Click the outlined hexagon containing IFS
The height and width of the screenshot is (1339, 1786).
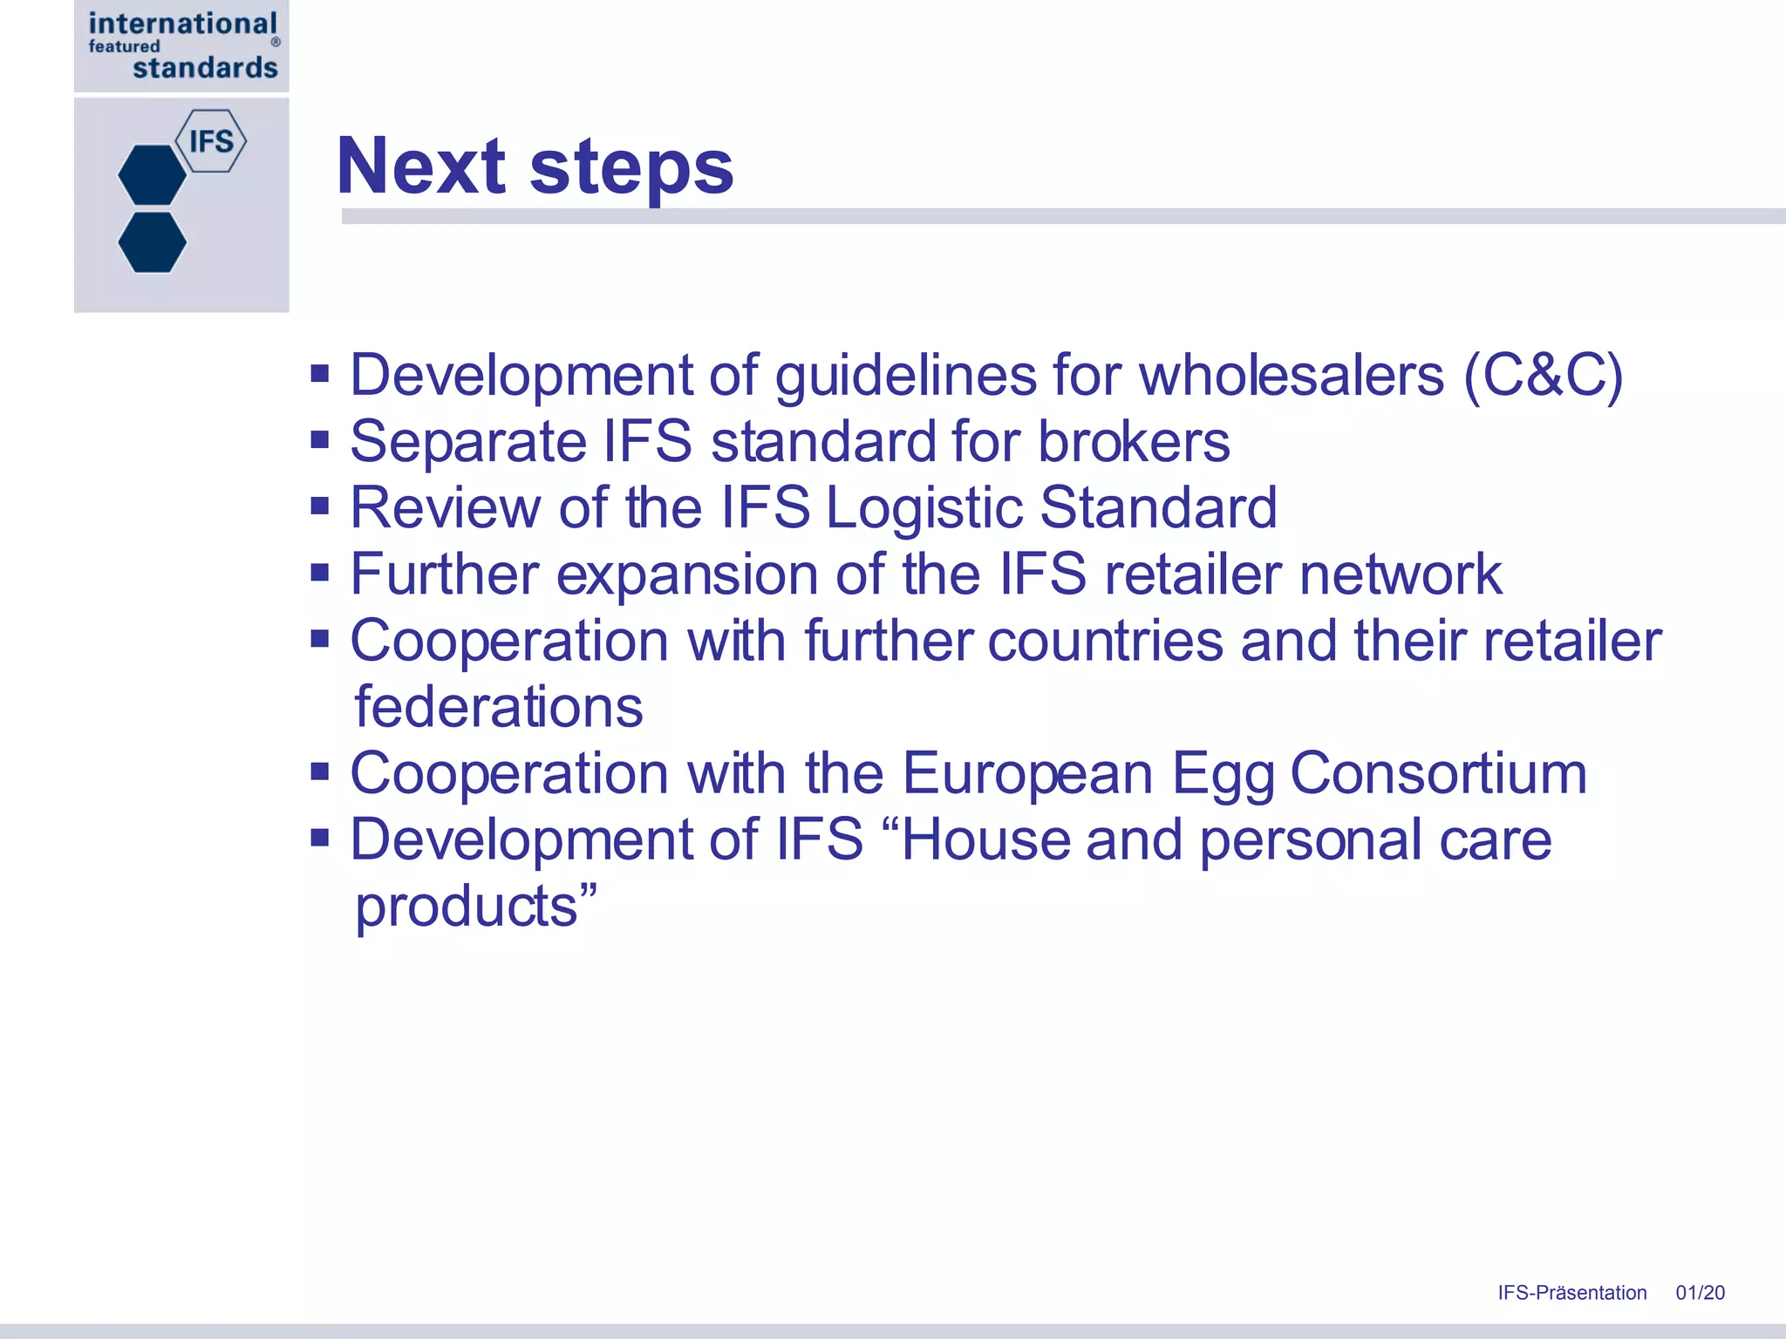211,140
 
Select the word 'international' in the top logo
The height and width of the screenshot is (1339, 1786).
182,23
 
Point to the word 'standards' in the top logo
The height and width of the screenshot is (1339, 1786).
205,68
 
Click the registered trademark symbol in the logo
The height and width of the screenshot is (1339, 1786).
276,42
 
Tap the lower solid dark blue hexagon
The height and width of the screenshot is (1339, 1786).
153,242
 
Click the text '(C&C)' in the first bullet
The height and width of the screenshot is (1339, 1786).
1543,376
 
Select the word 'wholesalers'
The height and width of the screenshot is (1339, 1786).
1292,376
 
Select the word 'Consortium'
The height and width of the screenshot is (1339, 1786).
1438,773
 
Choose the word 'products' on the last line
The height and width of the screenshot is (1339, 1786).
467,907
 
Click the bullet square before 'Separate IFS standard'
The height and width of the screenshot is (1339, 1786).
320,439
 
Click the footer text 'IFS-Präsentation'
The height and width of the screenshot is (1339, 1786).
1571,1293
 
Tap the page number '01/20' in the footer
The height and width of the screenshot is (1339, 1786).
1700,1293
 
